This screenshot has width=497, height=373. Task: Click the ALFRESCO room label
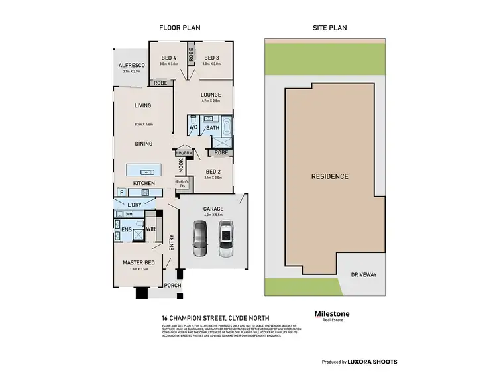point(131,65)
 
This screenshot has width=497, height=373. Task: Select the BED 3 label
point(211,58)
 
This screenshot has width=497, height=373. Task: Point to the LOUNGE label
point(211,95)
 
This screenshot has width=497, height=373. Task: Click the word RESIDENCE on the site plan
point(329,176)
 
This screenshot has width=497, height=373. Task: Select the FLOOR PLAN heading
point(179,28)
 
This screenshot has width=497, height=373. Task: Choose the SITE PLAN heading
point(329,28)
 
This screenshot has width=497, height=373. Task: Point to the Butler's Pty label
point(183,184)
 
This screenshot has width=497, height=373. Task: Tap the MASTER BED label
point(139,263)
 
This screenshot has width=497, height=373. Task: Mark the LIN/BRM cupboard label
point(184,152)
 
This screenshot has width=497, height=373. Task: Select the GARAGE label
point(213,209)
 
